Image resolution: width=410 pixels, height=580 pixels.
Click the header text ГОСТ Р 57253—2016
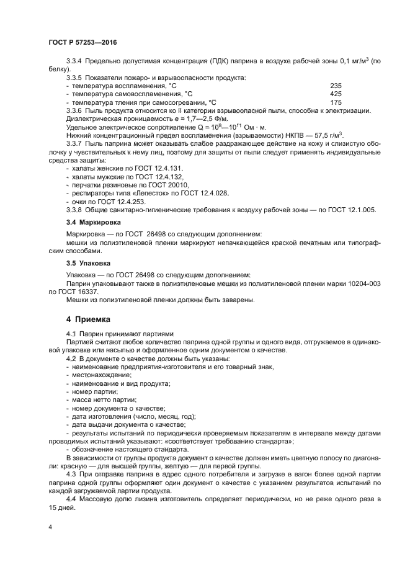point(82,42)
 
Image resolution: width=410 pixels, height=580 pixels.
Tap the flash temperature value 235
point(336,86)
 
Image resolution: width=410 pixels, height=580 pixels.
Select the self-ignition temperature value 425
point(336,94)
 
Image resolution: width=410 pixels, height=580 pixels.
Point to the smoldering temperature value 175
point(336,102)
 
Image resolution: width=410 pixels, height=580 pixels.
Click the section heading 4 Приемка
point(88,319)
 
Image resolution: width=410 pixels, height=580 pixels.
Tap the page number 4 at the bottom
point(50,527)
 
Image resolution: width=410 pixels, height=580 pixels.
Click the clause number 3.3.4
point(74,61)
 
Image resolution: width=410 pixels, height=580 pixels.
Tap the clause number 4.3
point(71,473)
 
